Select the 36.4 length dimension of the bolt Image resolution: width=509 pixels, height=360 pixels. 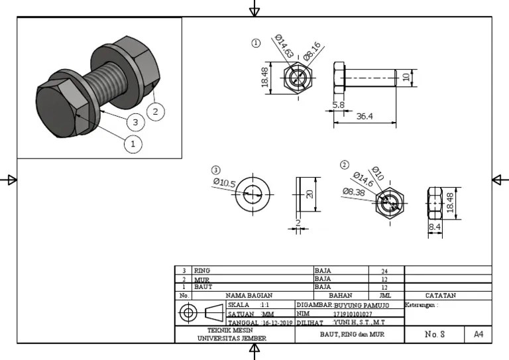[x=365, y=116]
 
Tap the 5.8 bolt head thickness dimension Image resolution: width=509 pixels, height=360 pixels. [x=339, y=105]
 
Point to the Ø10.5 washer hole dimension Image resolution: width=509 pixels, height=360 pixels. [x=225, y=182]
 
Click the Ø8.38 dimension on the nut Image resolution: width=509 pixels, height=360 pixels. [x=354, y=192]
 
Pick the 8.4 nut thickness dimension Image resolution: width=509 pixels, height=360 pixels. [x=435, y=227]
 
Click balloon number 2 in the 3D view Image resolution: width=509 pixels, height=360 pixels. [x=155, y=111]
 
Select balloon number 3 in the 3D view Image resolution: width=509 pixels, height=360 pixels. [x=135, y=122]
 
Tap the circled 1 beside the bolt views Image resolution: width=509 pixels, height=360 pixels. [x=256, y=43]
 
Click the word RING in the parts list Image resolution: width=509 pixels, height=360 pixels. [x=201, y=271]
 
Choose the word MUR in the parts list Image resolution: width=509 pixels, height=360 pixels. [x=201, y=280]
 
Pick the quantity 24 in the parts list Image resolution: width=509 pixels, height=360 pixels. [x=384, y=271]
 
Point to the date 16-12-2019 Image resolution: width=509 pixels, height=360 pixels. [x=277, y=323]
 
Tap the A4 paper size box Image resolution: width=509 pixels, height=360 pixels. [x=478, y=335]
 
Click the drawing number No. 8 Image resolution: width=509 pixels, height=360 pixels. [x=434, y=335]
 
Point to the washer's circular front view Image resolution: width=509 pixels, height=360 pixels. [x=253, y=194]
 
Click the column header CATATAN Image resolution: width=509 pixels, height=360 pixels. [x=440, y=295]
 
